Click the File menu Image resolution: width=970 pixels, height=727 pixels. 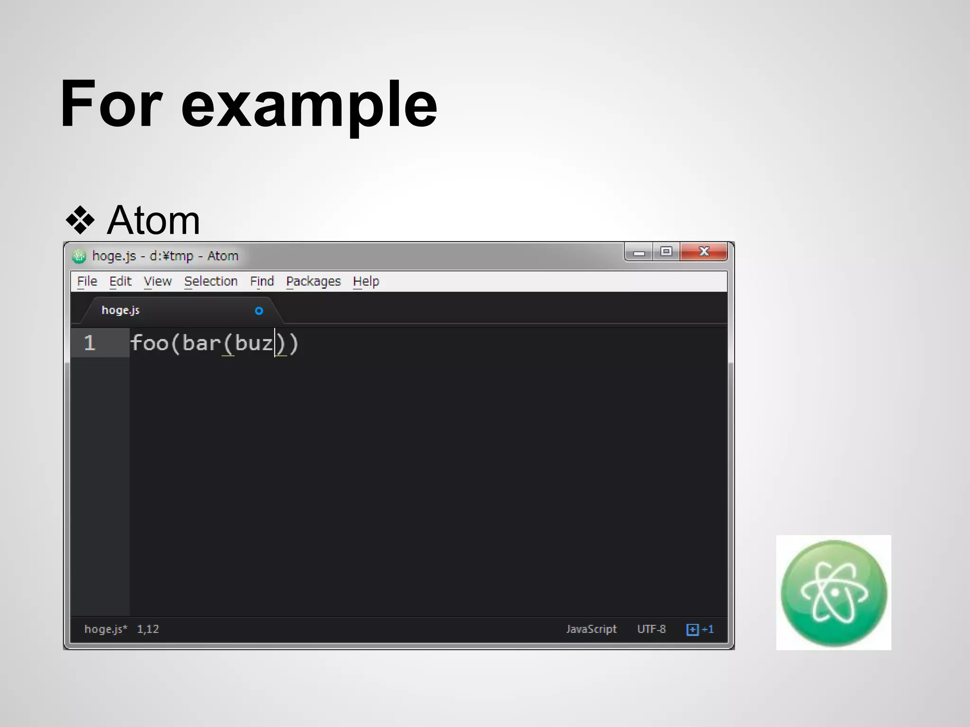[87, 281]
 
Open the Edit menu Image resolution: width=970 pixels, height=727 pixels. [120, 281]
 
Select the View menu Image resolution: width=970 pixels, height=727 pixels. [158, 281]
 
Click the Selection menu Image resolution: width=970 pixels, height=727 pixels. [211, 281]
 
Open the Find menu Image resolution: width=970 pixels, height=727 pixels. [262, 281]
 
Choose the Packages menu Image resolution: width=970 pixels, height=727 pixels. [314, 281]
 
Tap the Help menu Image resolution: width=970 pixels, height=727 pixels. [366, 281]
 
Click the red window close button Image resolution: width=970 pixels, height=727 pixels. [704, 251]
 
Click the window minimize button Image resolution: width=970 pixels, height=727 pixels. [639, 252]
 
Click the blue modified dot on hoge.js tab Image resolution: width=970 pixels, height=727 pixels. [259, 311]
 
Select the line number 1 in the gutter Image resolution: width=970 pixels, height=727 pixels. [90, 343]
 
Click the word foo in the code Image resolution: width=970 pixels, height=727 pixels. [150, 343]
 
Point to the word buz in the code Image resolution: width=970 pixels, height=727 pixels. [254, 343]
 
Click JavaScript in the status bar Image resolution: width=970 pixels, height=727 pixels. [591, 629]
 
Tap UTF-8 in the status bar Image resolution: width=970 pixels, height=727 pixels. [651, 629]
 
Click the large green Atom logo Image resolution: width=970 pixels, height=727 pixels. [834, 593]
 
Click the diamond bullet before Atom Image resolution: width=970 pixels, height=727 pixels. [80, 221]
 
